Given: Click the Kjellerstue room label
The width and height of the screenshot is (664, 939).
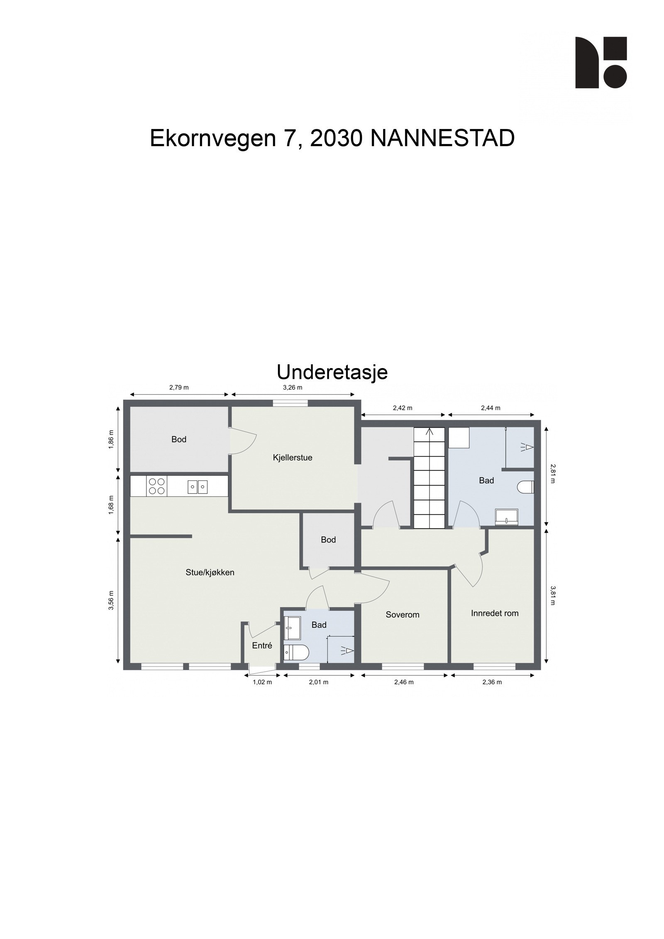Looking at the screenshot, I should tap(293, 458).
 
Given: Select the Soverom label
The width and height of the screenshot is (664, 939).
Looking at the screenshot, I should tap(402, 615).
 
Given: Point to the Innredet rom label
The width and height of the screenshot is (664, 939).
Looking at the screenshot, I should tap(495, 613).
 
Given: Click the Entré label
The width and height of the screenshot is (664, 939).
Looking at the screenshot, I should tap(262, 645).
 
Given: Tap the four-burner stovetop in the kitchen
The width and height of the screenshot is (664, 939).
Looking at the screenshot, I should tap(156, 486).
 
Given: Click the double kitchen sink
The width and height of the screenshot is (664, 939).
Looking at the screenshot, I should tap(198, 486).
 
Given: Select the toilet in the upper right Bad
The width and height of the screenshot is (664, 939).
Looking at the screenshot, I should tap(526, 487).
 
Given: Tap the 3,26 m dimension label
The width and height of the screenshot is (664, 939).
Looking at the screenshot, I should tap(292, 388).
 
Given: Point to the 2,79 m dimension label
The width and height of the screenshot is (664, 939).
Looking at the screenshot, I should tap(179, 388).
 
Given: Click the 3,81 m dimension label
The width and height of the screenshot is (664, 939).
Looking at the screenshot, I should tap(552, 595).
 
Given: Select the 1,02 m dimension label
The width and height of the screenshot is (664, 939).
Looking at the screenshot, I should tap(262, 682).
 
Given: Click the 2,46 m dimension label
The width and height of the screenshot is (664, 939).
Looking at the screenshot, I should tap(404, 682).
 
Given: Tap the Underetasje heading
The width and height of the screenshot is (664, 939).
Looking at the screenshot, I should tap(332, 372).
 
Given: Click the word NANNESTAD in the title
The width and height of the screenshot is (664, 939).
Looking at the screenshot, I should tap(442, 138).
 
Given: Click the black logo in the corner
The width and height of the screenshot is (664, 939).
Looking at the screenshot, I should tap(601, 63).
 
